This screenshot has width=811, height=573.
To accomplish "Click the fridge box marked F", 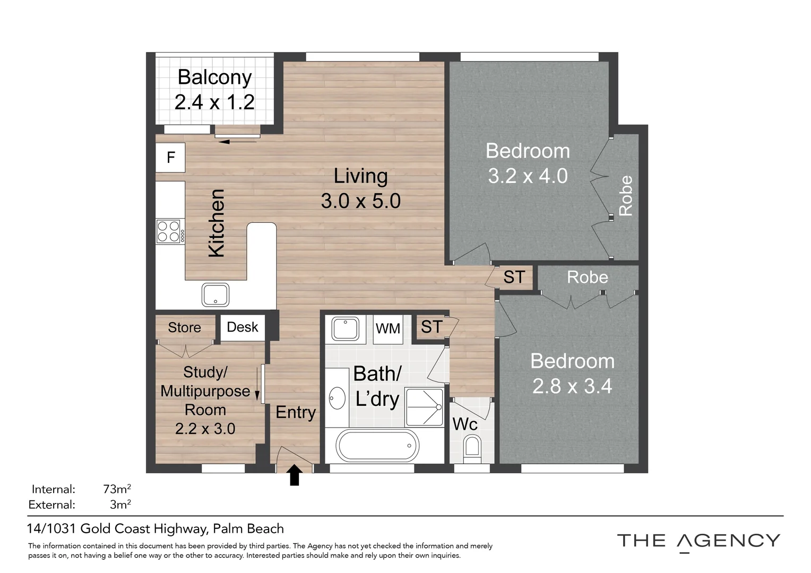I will click(170, 158).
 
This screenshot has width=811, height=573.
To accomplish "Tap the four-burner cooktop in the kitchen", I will click(170, 232).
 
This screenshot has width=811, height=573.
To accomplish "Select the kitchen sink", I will click(215, 295).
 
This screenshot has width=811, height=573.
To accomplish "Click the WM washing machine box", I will click(387, 328).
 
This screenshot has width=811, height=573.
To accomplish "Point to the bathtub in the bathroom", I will click(377, 446).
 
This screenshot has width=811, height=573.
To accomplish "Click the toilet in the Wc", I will click(471, 447).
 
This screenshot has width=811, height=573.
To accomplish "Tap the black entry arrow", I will click(295, 475).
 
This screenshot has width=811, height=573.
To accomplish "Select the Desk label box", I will click(243, 327).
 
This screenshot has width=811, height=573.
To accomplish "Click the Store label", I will click(184, 328).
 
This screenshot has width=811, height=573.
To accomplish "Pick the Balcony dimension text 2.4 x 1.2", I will click(214, 102).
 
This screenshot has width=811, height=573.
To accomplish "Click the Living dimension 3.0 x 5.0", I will click(360, 201).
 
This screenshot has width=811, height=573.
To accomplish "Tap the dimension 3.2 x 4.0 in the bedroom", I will click(528, 176).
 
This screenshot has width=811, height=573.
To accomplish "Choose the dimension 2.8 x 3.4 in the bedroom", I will click(572, 386).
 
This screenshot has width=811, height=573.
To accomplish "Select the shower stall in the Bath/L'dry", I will click(424, 407).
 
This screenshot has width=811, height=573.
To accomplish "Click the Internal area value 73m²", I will click(117, 489).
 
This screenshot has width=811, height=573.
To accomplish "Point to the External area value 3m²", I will click(120, 505).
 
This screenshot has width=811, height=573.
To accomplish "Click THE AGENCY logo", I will click(698, 542).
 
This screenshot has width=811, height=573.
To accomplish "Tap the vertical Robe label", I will click(626, 196).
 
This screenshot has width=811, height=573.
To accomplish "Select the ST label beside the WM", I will click(432, 327).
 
